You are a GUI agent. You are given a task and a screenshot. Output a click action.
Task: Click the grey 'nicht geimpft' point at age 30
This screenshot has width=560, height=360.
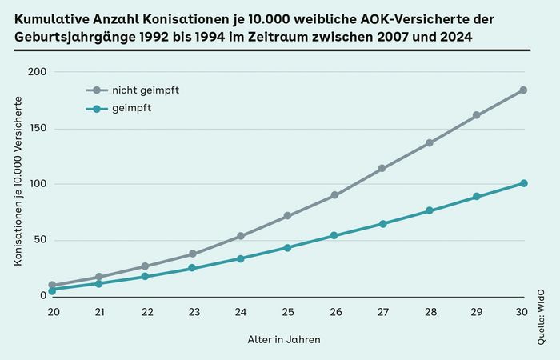[523, 90]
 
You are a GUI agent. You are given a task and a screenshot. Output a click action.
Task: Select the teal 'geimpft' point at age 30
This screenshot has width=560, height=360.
[523, 183]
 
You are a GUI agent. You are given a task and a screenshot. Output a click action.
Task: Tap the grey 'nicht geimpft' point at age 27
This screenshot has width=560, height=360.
[382, 169]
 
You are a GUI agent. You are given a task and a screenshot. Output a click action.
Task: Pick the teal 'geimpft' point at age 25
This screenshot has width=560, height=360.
[287, 247]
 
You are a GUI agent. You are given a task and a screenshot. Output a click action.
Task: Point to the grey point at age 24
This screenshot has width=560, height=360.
[240, 236]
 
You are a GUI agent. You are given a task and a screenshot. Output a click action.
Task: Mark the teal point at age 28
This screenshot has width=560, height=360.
[429, 210]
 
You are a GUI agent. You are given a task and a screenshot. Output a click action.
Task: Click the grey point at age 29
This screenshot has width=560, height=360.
[476, 115]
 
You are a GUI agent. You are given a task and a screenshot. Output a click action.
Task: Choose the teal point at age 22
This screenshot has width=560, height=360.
[146, 276]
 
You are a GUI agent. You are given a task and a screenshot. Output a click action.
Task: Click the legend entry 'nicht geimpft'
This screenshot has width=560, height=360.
[145, 90]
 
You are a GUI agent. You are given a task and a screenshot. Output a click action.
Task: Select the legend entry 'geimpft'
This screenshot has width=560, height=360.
[132, 108]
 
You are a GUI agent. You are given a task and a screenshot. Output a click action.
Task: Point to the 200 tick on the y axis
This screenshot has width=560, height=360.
[38, 72]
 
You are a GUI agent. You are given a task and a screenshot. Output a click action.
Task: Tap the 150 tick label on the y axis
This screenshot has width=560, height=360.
[38, 128]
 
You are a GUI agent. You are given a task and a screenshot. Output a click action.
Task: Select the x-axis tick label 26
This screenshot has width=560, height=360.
[334, 311]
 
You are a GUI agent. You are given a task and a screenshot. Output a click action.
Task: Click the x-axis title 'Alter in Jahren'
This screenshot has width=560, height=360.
[284, 340]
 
